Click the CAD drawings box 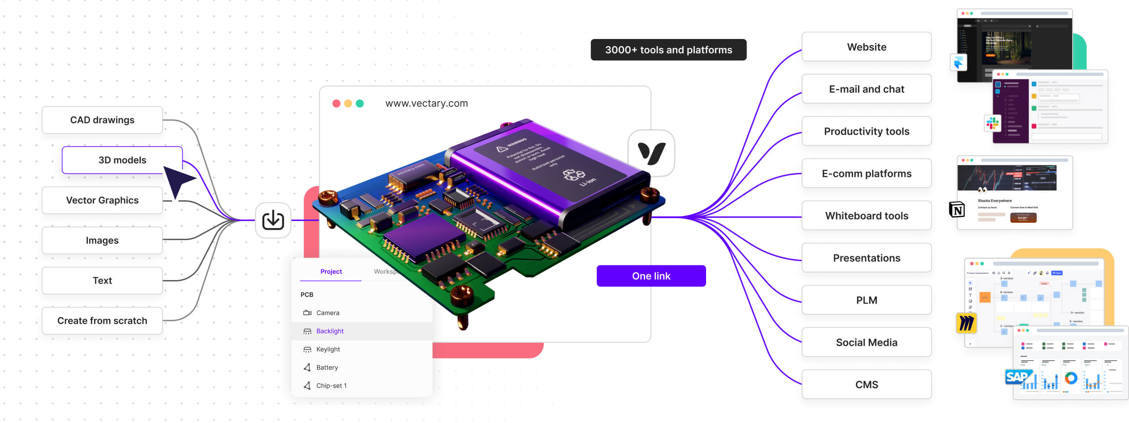[102, 120]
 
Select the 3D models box [122, 160]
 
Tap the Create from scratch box [102, 321]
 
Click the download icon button [273, 220]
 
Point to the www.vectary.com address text [427, 104]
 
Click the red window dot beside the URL [336, 104]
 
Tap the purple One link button [651, 276]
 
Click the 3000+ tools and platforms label [668, 50]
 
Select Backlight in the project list [330, 331]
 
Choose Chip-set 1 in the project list [331, 386]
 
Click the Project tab [331, 272]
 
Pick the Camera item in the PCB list [327, 313]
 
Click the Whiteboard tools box [866, 216]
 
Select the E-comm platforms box [866, 174]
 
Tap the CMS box [866, 385]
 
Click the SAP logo [1017, 377]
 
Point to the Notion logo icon [957, 210]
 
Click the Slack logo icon [992, 123]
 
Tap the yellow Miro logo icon [966, 323]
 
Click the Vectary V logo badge [651, 153]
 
